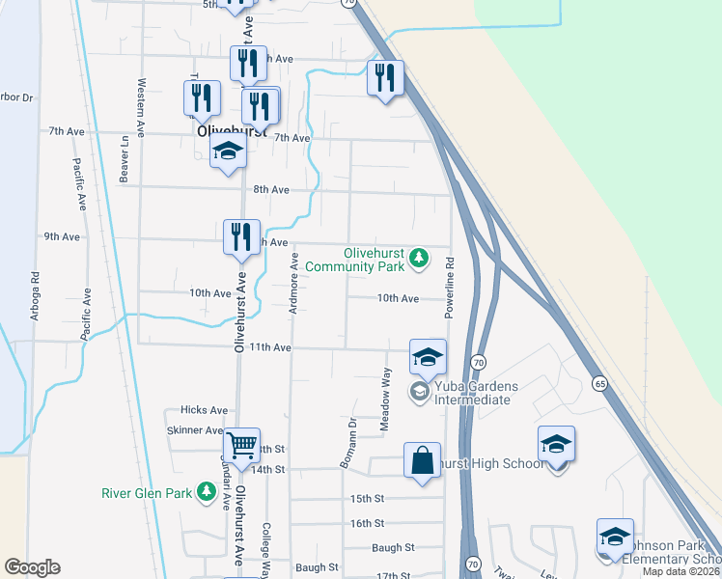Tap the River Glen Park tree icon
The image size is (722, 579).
(x=206, y=493)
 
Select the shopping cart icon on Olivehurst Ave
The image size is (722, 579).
(x=241, y=446)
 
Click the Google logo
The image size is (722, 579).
(x=32, y=567)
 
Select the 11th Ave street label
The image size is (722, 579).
(x=270, y=347)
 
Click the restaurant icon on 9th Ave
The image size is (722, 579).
(x=241, y=236)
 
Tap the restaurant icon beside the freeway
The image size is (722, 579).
(x=384, y=77)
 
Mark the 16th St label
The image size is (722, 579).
(x=367, y=523)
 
